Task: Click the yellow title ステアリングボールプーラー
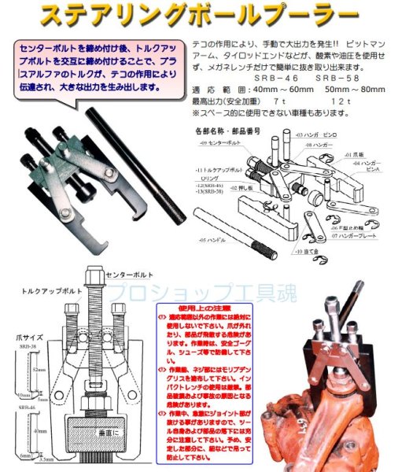pyautogui.click(x=200, y=15)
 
